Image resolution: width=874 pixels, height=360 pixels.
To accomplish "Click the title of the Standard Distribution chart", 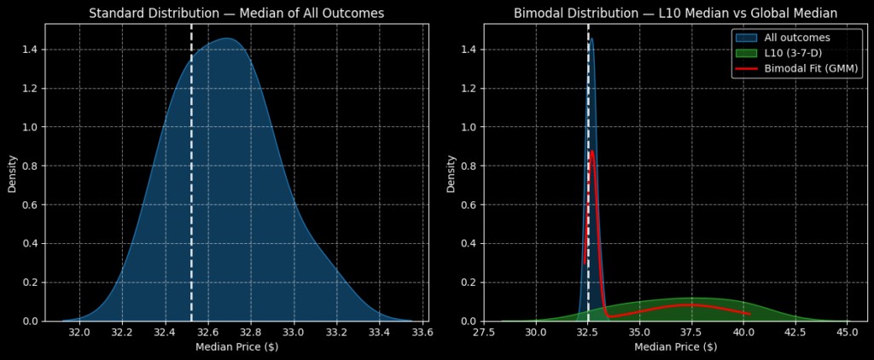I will click(236, 13).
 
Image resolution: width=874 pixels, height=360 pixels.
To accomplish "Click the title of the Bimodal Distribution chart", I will click(674, 13).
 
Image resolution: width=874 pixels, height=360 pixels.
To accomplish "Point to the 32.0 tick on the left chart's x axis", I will click(79, 332).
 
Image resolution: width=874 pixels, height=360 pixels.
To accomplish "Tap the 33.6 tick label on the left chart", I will click(422, 332).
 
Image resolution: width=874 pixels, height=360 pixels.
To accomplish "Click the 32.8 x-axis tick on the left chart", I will click(251, 332).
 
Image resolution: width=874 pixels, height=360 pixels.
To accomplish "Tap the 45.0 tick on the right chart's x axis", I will click(847, 332).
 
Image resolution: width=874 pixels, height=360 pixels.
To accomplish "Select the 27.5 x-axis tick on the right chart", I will click(484, 332).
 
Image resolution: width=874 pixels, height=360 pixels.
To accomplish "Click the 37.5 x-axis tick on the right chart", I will click(691, 332).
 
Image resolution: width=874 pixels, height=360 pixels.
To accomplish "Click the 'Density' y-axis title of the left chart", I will click(13, 172).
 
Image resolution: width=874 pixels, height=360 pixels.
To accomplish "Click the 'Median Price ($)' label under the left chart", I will click(236, 347).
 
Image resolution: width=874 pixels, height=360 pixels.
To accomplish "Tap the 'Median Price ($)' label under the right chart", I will click(674, 347).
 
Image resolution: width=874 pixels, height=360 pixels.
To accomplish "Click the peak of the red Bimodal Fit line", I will click(591, 152).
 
